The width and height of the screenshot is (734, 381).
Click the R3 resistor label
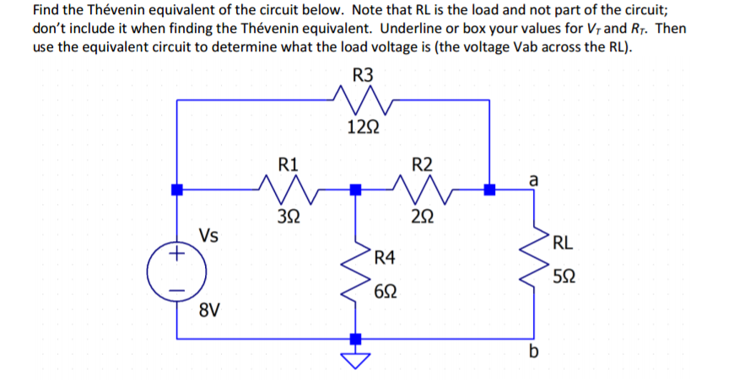point(362,74)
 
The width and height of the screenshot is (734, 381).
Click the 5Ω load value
point(566,276)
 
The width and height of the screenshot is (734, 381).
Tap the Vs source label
point(210,235)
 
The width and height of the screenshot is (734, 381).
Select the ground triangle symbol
point(356,359)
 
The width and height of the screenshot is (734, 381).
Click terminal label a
point(532,179)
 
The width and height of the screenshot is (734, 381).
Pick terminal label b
point(532,351)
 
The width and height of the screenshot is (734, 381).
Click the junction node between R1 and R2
point(356,190)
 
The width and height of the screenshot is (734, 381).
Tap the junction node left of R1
point(177,190)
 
